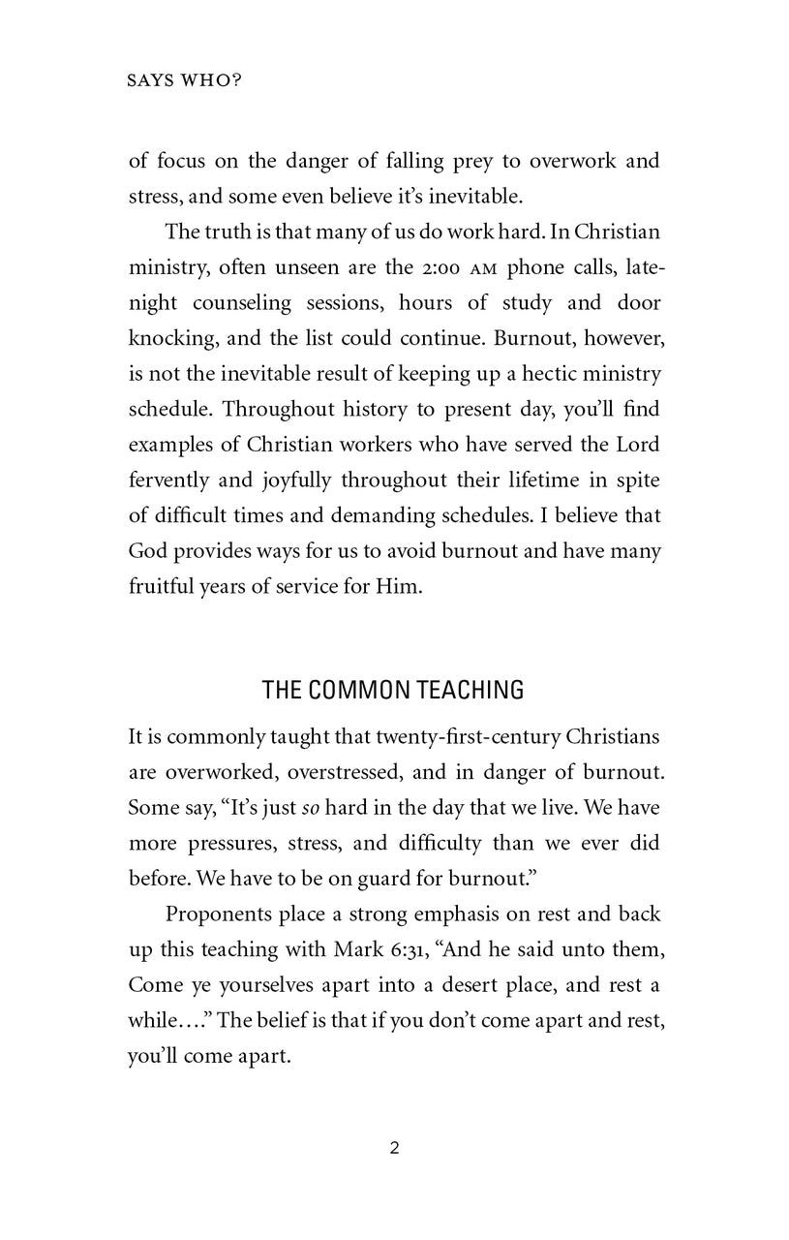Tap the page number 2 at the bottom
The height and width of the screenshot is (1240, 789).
(394, 1149)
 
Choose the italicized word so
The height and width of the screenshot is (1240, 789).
(340, 807)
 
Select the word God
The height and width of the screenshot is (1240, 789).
(148, 552)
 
